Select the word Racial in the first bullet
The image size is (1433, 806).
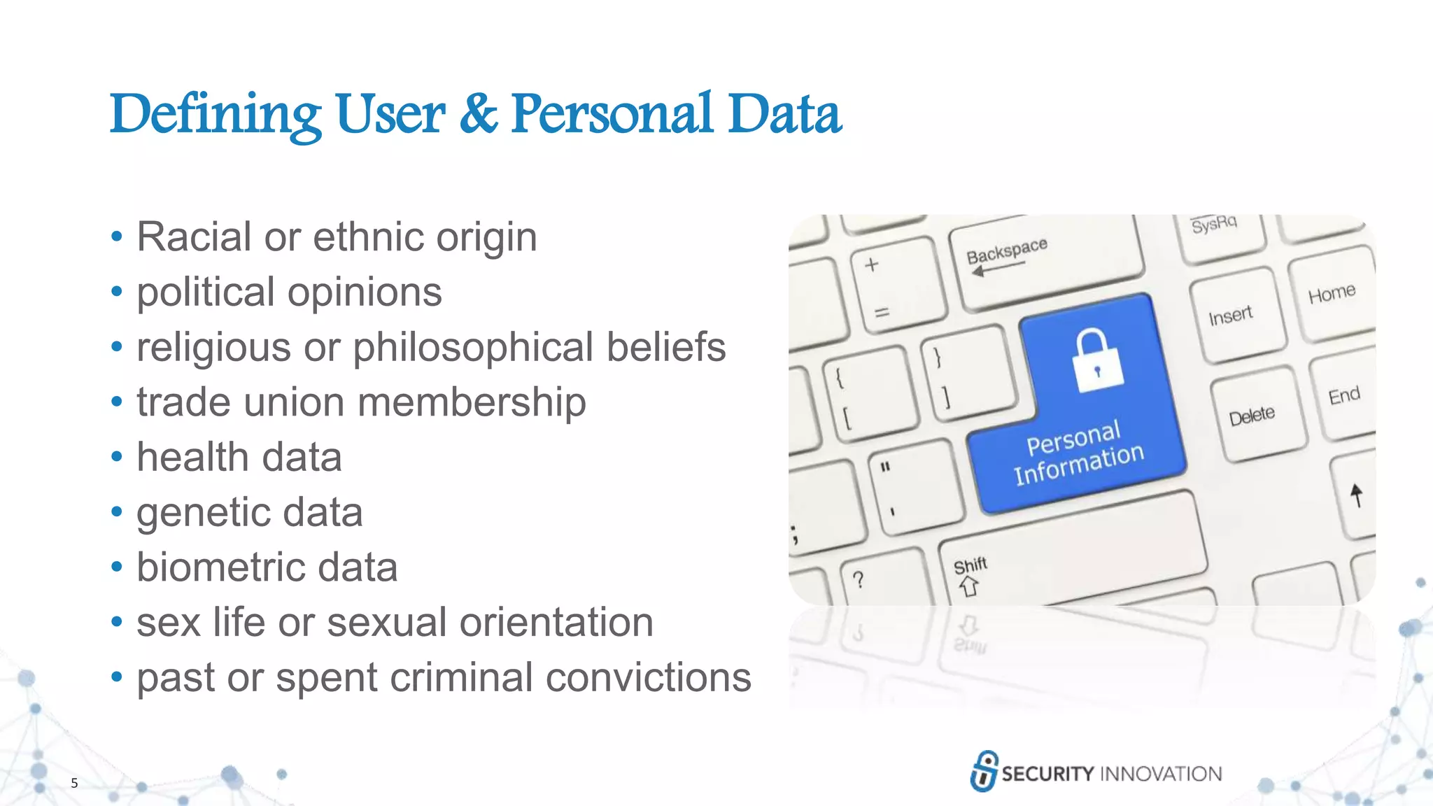192,236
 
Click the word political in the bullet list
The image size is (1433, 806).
205,292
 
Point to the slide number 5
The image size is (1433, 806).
74,783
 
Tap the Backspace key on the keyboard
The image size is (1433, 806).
1046,262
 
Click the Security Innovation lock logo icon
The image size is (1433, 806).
984,771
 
